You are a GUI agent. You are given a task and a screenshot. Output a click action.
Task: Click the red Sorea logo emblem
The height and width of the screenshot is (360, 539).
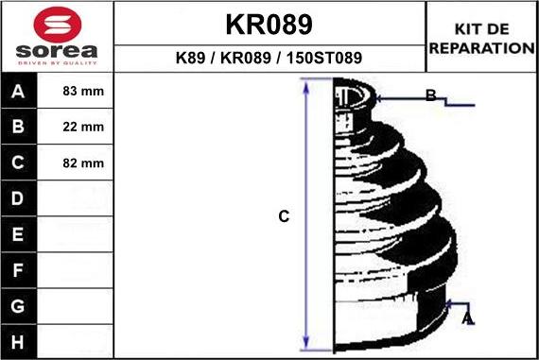(x=58, y=25)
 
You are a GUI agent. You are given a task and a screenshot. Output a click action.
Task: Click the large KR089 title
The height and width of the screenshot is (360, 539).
(x=269, y=25)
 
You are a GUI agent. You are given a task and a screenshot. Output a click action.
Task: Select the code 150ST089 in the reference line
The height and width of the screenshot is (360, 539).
(x=324, y=58)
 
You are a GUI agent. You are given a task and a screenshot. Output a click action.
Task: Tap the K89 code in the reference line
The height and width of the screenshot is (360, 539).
(x=190, y=58)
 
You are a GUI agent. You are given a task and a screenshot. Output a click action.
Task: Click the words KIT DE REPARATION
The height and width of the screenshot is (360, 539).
(x=482, y=39)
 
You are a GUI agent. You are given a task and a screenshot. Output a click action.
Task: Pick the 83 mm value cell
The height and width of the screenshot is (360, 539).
(x=83, y=91)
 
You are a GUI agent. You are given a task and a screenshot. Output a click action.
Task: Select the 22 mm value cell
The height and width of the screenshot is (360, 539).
(x=83, y=127)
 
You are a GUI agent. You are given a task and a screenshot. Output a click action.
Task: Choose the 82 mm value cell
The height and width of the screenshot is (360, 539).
(x=83, y=163)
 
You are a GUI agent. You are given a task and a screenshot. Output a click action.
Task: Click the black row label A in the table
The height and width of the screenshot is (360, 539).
(x=18, y=91)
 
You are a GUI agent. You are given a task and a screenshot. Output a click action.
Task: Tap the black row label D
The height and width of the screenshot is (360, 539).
(x=18, y=198)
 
